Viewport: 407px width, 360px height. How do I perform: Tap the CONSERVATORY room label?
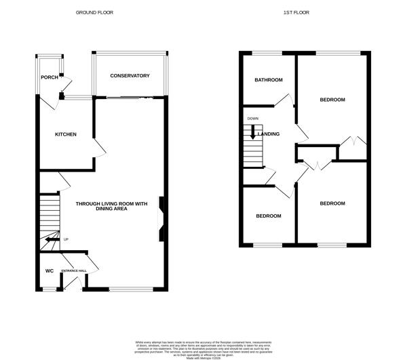pos(130,75)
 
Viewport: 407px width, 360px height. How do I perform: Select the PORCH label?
pos(50,77)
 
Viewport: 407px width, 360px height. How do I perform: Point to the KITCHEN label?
pos(66,134)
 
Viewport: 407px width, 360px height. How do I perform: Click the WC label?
pos(49,271)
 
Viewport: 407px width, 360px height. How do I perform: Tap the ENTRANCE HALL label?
pos(74,271)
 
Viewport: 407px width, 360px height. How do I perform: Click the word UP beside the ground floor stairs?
pos(66,239)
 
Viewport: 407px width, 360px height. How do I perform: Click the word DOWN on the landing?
pos(253,119)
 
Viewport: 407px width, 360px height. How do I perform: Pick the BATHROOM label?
pos(269,80)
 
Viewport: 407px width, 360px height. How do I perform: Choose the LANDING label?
pos(269,134)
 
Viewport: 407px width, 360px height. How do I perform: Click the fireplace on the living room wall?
pos(161,219)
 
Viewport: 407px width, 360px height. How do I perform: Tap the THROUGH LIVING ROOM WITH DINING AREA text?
pos(111,206)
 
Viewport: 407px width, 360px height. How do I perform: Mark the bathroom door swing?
pos(286,100)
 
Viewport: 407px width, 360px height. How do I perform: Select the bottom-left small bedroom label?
pos(269,216)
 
